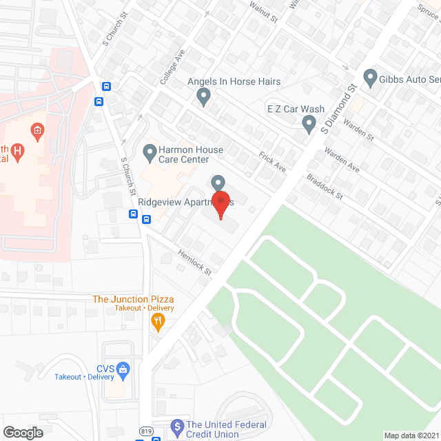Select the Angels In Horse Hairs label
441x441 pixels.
(234, 82)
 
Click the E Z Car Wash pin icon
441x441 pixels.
(309, 124)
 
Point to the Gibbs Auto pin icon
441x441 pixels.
(370, 77)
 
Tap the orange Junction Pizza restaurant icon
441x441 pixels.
(158, 321)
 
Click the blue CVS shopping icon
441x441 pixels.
(123, 369)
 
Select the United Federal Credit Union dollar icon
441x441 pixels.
(176, 427)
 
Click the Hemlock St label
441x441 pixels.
(194, 262)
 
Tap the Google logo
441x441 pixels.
(23, 432)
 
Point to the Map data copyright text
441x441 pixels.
(411, 435)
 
